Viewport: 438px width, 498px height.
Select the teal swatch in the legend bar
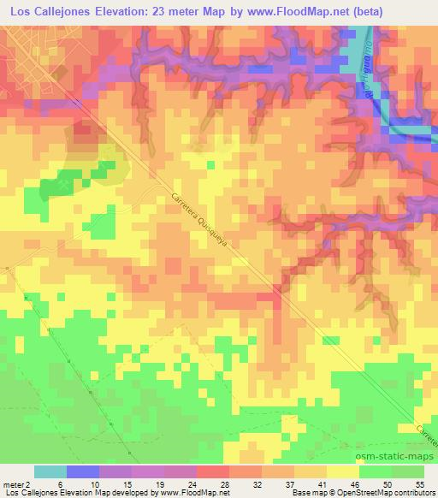[50, 471]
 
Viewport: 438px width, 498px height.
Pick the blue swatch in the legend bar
[83, 471]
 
